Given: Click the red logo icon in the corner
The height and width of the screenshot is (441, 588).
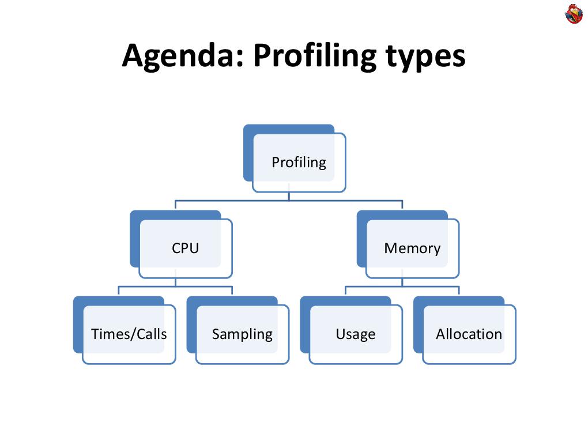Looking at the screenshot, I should [x=574, y=14].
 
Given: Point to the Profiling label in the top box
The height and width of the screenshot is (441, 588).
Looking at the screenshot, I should [x=299, y=163].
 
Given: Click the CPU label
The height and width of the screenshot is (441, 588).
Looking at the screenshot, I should [x=185, y=248].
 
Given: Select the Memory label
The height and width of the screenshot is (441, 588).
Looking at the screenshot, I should [x=412, y=248].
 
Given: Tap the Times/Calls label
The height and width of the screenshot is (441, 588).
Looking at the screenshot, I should [x=129, y=334].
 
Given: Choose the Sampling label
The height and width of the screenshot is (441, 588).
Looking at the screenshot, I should [x=242, y=334].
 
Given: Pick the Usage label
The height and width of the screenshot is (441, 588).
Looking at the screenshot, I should [x=355, y=334].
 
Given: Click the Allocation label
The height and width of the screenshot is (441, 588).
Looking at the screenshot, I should [x=469, y=334].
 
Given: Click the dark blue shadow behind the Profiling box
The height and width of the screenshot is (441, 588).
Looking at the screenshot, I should [x=248, y=156].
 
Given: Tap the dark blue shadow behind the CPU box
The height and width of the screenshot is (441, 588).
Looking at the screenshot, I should [x=134, y=242].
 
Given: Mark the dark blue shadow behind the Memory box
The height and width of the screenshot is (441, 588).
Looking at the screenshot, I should [x=361, y=242].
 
